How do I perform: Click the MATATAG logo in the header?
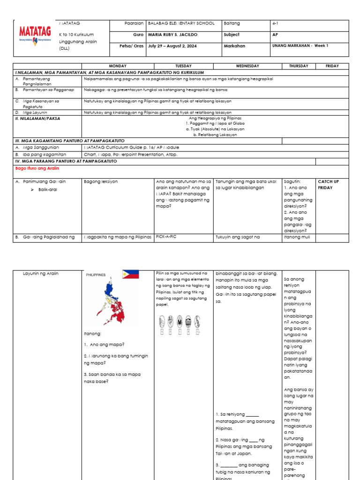click(x=34, y=34)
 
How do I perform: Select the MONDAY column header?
click(x=118, y=66)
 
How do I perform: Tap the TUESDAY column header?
click(x=183, y=66)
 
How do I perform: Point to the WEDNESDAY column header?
click(x=247, y=66)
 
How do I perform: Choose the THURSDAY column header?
click(x=299, y=66)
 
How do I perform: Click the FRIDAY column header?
click(x=332, y=66)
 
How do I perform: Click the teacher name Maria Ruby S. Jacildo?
click(x=172, y=35)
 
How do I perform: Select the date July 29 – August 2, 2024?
click(x=172, y=46)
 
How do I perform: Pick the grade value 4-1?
click(x=275, y=23)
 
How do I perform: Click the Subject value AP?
click(x=275, y=35)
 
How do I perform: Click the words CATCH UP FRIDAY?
click(x=328, y=184)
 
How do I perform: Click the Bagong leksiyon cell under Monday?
click(x=101, y=181)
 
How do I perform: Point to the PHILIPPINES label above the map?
click(x=96, y=275)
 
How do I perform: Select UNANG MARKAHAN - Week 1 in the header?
click(x=300, y=46)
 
